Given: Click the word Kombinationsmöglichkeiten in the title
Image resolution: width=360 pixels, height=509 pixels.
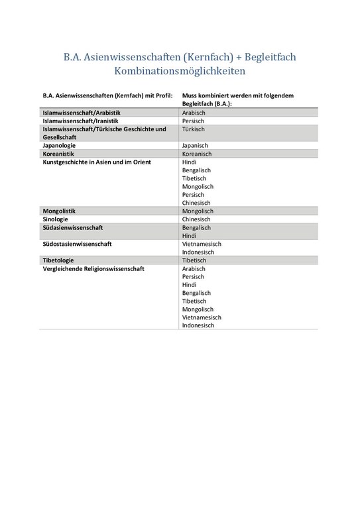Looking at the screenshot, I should pos(180,70).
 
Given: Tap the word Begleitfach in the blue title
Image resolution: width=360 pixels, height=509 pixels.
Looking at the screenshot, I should pos(265,56).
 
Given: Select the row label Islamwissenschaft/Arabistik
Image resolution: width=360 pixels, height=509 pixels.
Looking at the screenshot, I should pos(82,113).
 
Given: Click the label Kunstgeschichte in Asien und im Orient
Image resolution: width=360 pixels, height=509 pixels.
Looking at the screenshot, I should pos(97,162).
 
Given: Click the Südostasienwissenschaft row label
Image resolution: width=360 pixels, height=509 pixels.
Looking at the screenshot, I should pos(77,244).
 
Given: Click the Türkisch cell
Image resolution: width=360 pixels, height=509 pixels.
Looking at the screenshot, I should pos(194,129).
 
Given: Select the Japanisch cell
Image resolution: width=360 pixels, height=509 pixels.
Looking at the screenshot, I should pos(196,145).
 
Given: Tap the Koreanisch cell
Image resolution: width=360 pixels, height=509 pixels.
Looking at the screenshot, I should pos(197,153).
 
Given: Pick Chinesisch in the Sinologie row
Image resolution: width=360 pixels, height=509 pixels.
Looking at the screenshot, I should pos(197,219).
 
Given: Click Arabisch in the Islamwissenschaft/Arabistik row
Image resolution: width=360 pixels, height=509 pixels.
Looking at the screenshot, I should pos(194,113).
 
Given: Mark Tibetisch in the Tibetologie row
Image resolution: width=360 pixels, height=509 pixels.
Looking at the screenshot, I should pos(195,260).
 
